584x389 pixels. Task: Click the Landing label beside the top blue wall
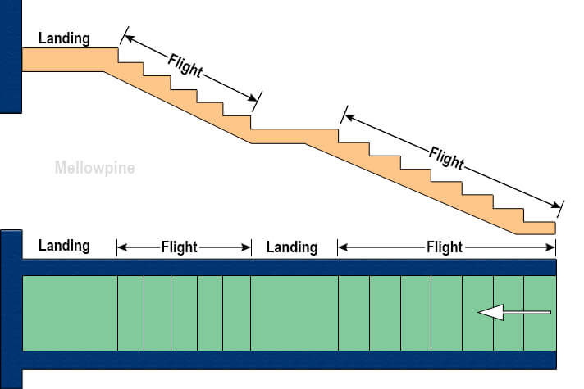(x=64, y=38)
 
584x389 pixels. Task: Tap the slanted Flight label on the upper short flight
(x=185, y=66)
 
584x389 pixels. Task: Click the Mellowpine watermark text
(x=94, y=169)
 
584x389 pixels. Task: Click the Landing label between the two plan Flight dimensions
(x=292, y=247)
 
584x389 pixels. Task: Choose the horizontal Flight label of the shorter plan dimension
(x=179, y=247)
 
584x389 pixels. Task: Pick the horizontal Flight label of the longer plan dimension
(x=445, y=247)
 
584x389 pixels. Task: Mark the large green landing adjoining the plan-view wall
(x=70, y=313)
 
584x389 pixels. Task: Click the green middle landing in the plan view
(x=294, y=313)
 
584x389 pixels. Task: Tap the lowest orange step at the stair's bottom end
(x=539, y=228)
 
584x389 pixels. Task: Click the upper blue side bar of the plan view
(x=287, y=267)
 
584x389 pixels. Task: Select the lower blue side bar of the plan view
(x=287, y=360)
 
